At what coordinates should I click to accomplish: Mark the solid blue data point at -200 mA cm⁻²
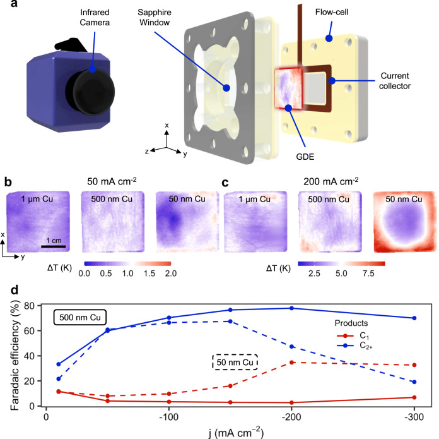(x=292, y=308)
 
